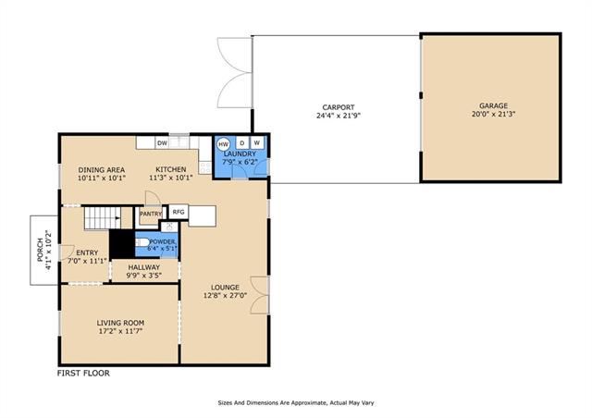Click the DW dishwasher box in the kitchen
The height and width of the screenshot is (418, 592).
[162, 143]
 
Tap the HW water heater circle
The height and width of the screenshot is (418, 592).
[223, 144]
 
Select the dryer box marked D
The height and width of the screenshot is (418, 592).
[242, 142]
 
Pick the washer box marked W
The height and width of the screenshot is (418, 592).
[257, 142]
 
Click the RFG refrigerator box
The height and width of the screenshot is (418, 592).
[179, 212]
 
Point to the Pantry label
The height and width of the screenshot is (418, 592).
[151, 215]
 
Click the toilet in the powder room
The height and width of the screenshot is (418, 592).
[142, 242]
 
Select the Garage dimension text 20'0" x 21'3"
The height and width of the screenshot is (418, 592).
[493, 114]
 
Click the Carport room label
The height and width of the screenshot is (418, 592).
[339, 107]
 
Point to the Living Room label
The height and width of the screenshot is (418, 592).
[120, 323]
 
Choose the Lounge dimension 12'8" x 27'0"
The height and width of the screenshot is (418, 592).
[225, 296]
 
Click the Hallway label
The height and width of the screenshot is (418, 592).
[144, 267]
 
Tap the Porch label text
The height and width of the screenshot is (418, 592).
[40, 251]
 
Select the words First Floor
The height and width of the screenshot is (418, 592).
[83, 373]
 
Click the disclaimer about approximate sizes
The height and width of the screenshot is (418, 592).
[296, 403]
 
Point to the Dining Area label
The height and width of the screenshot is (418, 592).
[102, 170]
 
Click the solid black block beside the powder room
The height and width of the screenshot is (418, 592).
[122, 244]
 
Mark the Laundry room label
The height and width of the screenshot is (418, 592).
[240, 154]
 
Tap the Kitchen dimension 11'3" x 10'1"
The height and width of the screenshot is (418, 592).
[171, 178]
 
